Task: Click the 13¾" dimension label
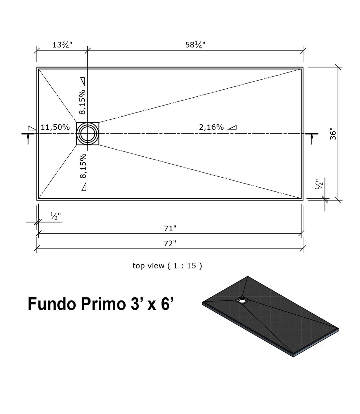[62, 45]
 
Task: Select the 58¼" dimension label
[195, 45]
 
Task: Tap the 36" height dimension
[333, 134]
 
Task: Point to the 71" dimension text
[170, 228]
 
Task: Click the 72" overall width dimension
[170, 243]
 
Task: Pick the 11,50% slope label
[55, 127]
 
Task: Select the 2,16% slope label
[211, 127]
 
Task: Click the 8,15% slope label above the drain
[82, 102]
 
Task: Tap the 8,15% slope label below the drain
[83, 166]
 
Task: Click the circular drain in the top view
[88, 134]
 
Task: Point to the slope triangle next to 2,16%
[232, 127]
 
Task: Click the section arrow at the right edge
[312, 137]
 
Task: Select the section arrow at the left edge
[28, 137]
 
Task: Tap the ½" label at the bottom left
[56, 216]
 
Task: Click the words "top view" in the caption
[148, 266]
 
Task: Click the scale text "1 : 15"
[185, 266]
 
